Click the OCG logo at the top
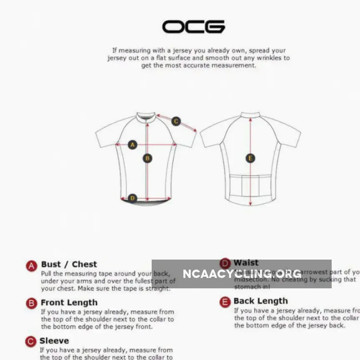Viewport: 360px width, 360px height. (193, 27)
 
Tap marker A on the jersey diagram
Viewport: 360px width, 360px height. (132, 145)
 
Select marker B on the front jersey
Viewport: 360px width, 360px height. (147, 158)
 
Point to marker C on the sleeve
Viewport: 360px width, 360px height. (176, 121)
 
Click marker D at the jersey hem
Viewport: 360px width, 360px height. (132, 198)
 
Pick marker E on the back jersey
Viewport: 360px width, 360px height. (250, 158)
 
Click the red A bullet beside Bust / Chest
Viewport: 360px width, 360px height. (32, 266)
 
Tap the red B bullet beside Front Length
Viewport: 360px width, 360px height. (32, 303)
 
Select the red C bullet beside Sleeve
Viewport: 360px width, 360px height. (31, 342)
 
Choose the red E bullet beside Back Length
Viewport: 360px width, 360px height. (225, 302)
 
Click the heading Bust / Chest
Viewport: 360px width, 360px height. (69, 264)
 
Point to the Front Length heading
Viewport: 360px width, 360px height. (69, 302)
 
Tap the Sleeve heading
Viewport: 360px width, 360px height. (54, 341)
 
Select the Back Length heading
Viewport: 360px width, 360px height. (260, 301)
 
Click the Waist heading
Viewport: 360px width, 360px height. (246, 262)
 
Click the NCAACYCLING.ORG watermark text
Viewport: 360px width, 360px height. (242, 274)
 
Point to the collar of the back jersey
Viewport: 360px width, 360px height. (250, 115)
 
